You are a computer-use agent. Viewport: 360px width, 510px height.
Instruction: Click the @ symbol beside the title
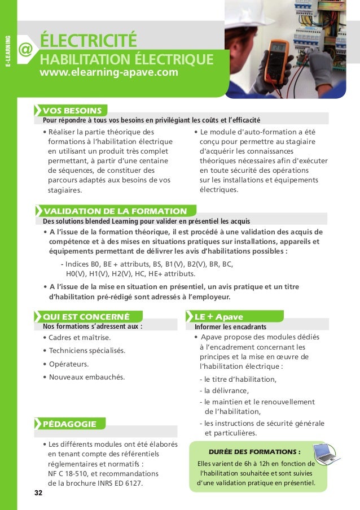(25, 51)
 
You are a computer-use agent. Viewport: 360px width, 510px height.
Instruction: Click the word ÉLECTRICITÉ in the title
(89, 41)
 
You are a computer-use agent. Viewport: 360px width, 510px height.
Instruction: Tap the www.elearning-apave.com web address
(109, 73)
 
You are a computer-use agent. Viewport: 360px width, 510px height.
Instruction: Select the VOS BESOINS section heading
(72, 110)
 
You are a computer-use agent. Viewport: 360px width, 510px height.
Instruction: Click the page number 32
(38, 493)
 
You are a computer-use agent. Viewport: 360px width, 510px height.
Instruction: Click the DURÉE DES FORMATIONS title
(254, 452)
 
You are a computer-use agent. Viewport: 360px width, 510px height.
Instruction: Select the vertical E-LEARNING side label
(8, 50)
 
